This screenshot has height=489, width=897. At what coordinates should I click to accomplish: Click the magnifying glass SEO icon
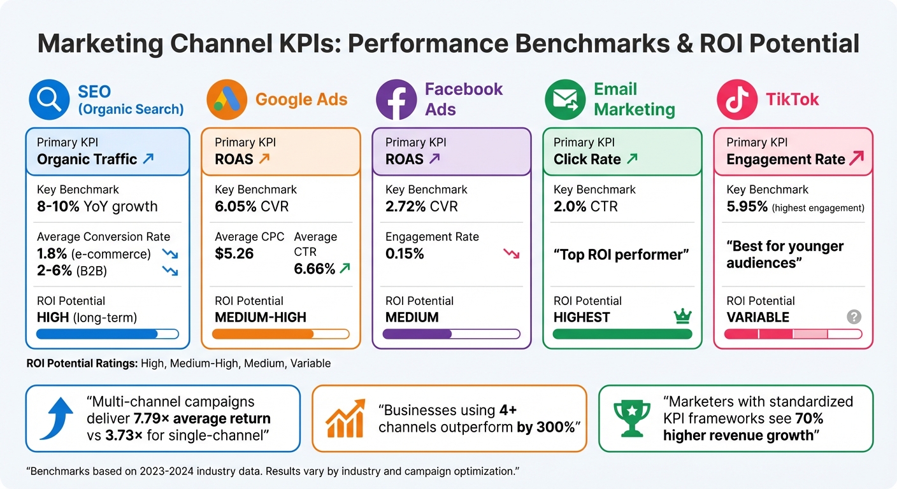point(49,99)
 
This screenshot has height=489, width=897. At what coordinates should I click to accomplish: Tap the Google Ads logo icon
point(227,99)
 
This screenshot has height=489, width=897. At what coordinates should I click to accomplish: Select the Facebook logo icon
point(396,99)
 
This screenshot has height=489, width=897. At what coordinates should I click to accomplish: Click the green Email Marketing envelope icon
point(565,99)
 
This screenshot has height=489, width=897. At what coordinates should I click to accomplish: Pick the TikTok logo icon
point(736,99)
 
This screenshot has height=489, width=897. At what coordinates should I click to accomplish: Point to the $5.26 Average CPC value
point(234,253)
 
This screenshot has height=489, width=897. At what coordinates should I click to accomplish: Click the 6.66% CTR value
point(314,269)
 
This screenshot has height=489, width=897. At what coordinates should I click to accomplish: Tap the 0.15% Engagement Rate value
point(405,253)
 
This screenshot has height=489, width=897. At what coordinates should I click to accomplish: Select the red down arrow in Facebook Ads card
point(511,253)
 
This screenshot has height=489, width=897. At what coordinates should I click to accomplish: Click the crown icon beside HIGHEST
point(682,316)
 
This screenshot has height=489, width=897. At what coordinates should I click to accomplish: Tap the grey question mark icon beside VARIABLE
point(854,316)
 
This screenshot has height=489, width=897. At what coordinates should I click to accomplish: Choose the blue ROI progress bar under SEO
point(108,334)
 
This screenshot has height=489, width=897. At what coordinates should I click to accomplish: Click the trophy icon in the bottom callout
point(631,418)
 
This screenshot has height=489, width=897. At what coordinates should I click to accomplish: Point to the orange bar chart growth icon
point(345,418)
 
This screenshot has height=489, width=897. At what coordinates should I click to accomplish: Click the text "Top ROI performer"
point(621,255)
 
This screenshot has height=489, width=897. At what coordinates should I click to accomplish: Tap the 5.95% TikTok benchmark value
point(747,207)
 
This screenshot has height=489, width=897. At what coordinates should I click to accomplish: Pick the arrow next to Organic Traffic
point(148,159)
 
